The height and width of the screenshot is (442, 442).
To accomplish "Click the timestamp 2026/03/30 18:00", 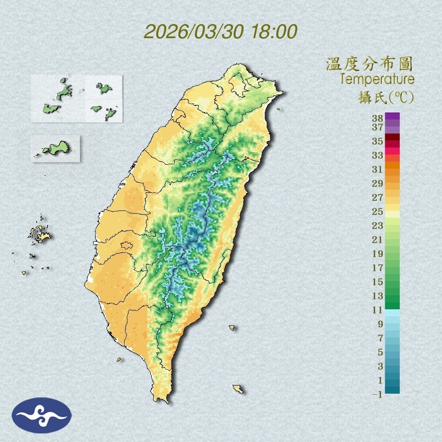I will (220, 31).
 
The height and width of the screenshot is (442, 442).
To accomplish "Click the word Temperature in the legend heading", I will (377, 79).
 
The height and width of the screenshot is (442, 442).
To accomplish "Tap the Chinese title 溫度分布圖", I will (370, 64).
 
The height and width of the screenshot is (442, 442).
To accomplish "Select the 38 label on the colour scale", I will (378, 119).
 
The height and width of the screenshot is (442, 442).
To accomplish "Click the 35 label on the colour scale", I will (378, 141).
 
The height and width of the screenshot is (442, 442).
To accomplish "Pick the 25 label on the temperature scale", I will (378, 211).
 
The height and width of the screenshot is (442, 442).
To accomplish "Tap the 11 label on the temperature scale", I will (378, 310).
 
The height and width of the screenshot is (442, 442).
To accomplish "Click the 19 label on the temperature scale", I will (378, 254).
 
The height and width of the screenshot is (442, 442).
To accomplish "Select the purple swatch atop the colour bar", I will (392, 116).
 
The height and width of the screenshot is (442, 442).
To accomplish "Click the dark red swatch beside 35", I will (392, 137).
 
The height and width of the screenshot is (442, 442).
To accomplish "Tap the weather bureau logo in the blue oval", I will (42, 415).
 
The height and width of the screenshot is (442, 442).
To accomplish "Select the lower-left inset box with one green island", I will (55, 148).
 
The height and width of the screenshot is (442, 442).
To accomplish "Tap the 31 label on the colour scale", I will (378, 169).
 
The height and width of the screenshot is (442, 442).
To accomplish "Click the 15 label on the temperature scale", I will (378, 282).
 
